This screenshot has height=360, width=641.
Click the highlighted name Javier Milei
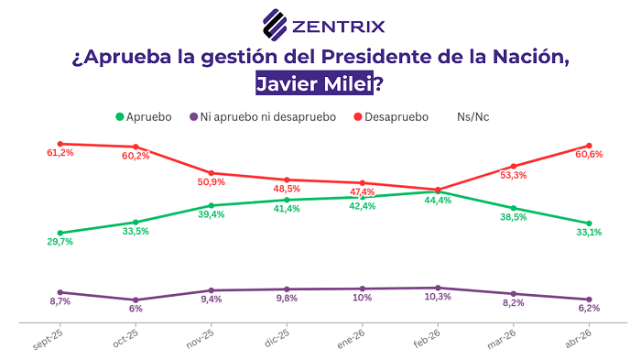(314, 85)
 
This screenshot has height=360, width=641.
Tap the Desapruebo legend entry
(391, 117)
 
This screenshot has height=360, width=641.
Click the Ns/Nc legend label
(473, 117)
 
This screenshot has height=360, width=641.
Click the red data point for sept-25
(60, 144)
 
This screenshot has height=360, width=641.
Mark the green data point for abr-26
(589, 224)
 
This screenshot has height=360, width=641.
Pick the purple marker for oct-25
(136, 300)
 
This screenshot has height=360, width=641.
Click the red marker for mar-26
(514, 167)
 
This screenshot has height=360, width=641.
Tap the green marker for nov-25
(212, 205)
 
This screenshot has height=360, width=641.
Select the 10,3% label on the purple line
(438, 298)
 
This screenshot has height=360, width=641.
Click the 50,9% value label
(211, 183)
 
